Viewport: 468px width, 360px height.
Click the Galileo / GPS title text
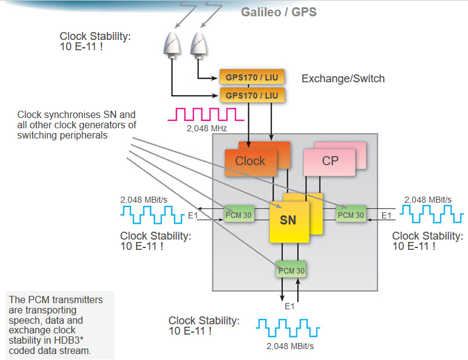pos(279,12)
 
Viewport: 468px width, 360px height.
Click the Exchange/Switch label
pos(343,79)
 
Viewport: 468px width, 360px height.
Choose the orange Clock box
pos(250,161)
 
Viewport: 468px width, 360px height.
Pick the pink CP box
pos(330,161)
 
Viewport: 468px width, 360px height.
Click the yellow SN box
pos(288,220)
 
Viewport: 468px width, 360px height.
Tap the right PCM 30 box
pos(351,214)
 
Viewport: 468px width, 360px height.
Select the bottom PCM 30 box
pos(291,270)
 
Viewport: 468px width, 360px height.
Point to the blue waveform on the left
pos(152,214)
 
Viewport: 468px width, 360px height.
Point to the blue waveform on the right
pos(432,214)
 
